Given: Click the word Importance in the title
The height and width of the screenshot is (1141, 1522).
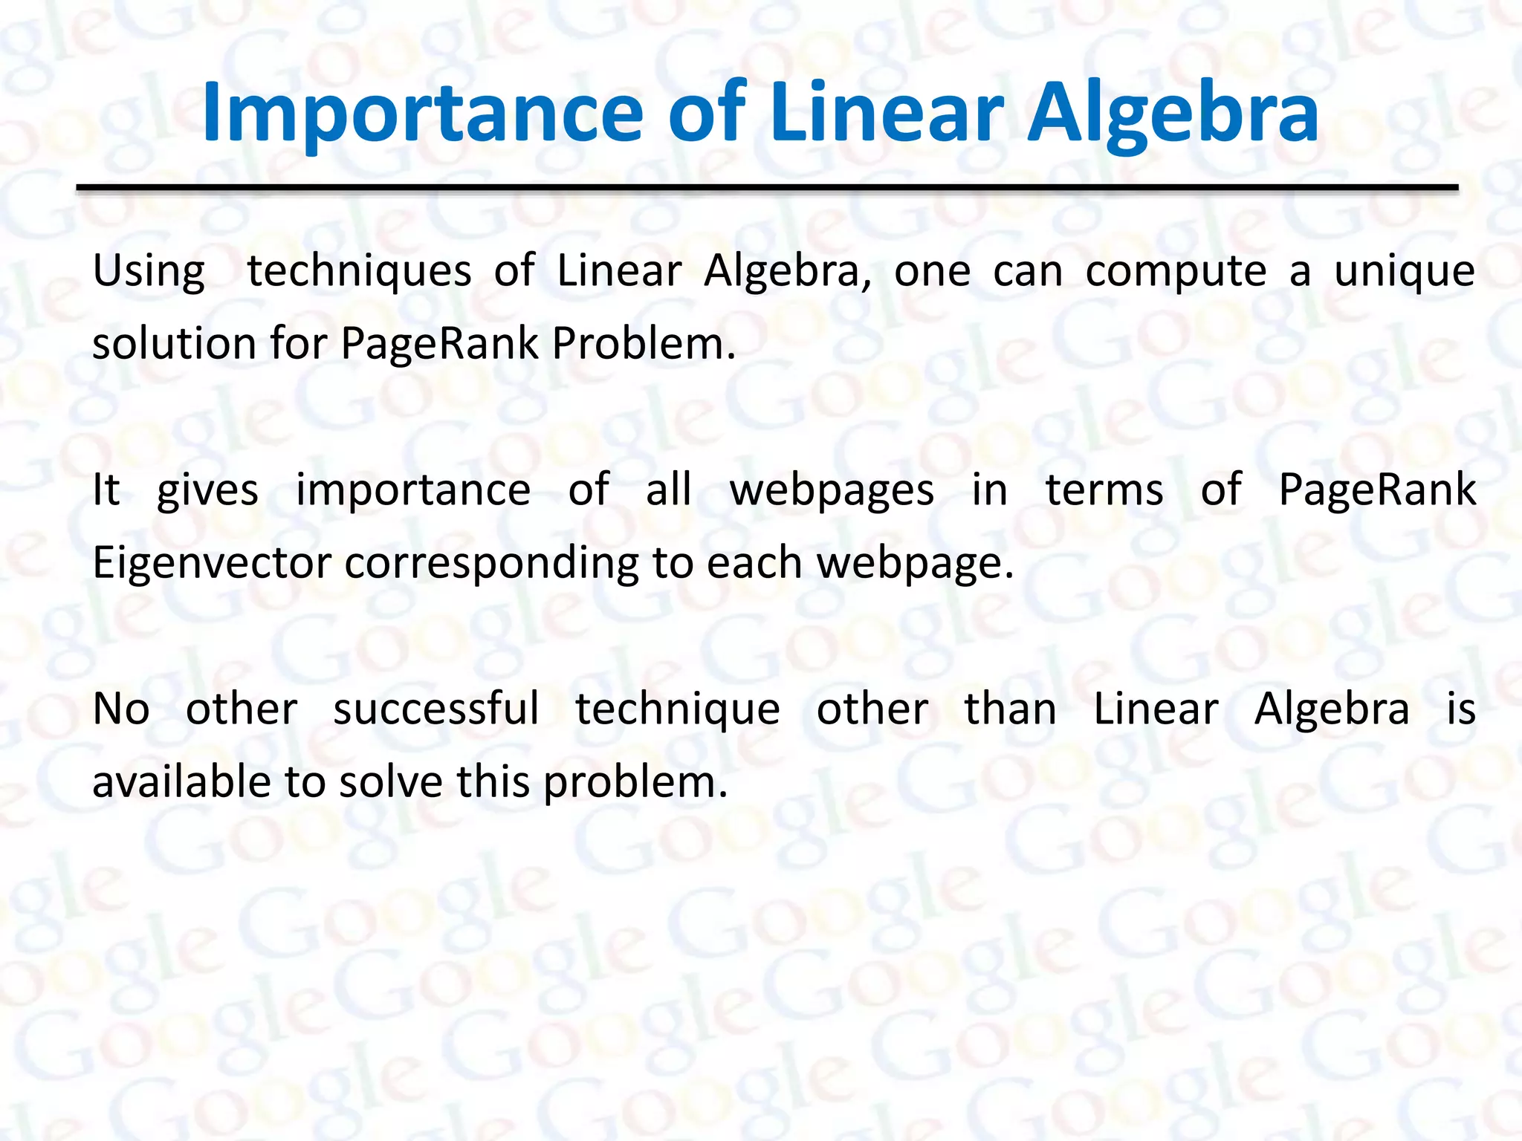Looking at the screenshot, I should (421, 113).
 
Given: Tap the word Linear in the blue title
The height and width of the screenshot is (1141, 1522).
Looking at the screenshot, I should (887, 113).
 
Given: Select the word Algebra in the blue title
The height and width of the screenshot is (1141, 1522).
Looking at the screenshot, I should (1172, 113).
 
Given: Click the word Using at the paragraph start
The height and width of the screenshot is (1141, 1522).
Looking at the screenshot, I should (149, 272).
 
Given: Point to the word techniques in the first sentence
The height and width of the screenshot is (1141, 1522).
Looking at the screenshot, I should (359, 270).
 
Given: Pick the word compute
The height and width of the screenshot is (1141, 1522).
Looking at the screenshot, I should (1176, 272).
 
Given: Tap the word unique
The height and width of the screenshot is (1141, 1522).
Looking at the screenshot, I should (1404, 272).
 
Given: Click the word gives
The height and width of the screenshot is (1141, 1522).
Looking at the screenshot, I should (207, 491).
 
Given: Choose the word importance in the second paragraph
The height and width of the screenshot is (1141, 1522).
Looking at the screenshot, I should (413, 491).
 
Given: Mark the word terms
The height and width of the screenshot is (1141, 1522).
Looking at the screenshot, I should (1104, 491).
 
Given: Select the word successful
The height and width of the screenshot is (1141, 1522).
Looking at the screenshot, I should (436, 709).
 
